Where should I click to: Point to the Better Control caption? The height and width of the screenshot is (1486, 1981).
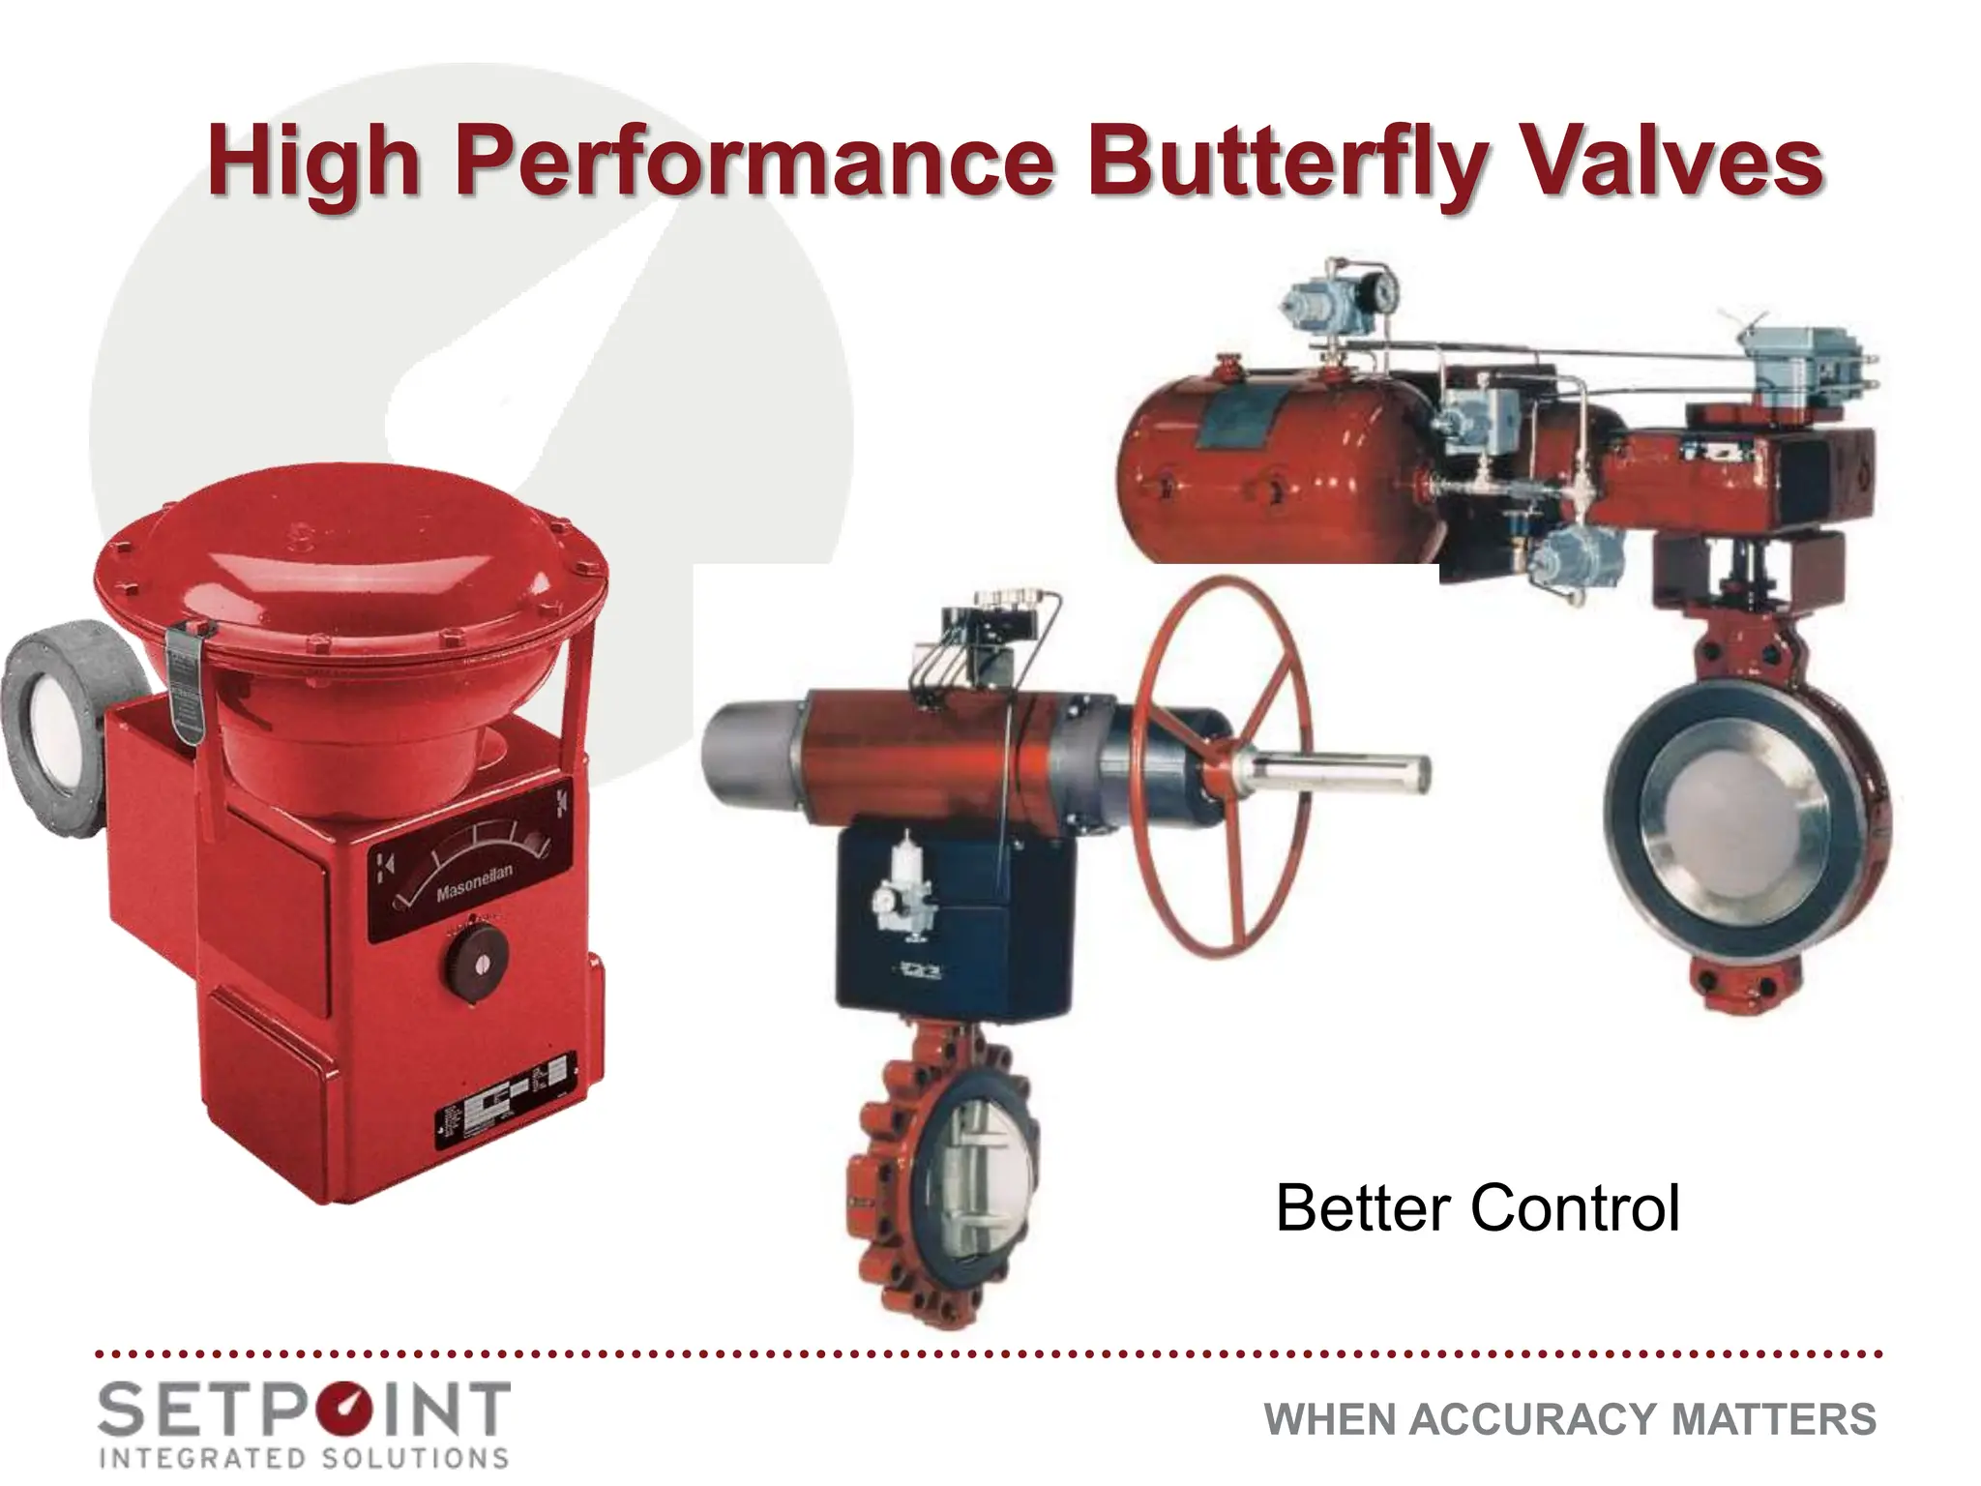(1477, 1208)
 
